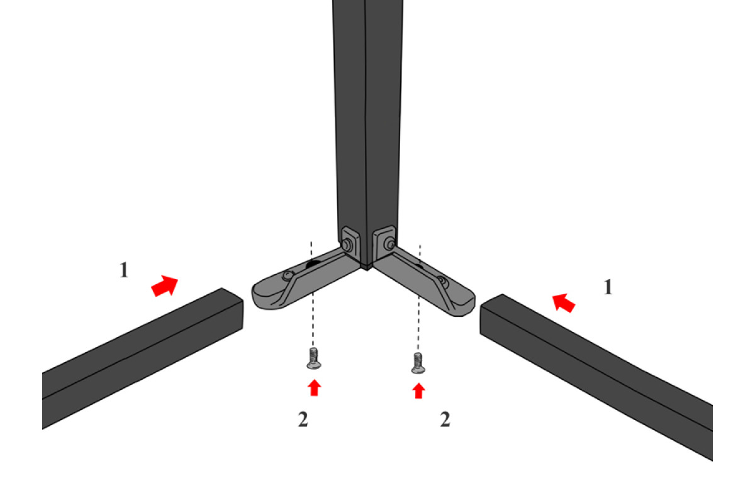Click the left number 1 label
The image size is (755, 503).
(x=124, y=270)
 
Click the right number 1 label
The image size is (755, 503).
(x=608, y=287)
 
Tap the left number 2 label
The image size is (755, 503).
(x=303, y=419)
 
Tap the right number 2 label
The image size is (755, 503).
(x=445, y=419)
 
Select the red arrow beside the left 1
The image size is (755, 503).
(x=164, y=285)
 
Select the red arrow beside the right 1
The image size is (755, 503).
(x=563, y=303)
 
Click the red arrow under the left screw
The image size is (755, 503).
(x=314, y=388)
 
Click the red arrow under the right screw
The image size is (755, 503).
(x=418, y=391)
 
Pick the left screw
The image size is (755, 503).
(x=314, y=358)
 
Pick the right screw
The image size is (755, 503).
(x=418, y=363)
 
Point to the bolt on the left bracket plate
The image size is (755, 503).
(x=347, y=245)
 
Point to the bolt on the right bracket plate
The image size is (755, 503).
(x=391, y=244)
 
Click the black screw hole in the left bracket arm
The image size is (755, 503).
(x=313, y=265)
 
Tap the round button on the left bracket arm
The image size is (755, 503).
(x=287, y=275)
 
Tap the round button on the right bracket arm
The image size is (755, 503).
(x=442, y=280)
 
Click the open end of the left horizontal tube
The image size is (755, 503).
(x=233, y=309)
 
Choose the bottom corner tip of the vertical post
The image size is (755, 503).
(x=367, y=269)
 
